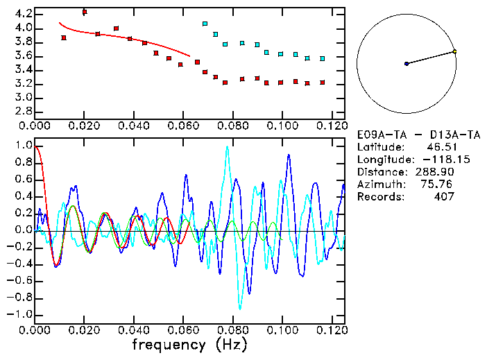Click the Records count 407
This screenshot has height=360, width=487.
[443, 196]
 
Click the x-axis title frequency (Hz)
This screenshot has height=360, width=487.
[189, 344]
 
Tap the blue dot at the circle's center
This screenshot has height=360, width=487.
[407, 64]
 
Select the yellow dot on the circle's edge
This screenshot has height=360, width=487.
[454, 51]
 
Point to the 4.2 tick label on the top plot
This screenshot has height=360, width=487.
[23, 14]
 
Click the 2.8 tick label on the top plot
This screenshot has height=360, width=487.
[23, 111]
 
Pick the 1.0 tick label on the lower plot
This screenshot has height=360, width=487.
[23, 146]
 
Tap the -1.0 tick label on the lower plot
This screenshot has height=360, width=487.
[20, 314]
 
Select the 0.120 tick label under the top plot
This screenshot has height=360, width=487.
[332, 126]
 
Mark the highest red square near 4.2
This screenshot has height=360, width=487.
[84, 12]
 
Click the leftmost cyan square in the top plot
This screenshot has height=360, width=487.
[205, 24]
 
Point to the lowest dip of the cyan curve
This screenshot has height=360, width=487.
[240, 308]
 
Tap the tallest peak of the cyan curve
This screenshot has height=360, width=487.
[227, 147]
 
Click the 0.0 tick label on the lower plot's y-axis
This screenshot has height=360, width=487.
[23, 230]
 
